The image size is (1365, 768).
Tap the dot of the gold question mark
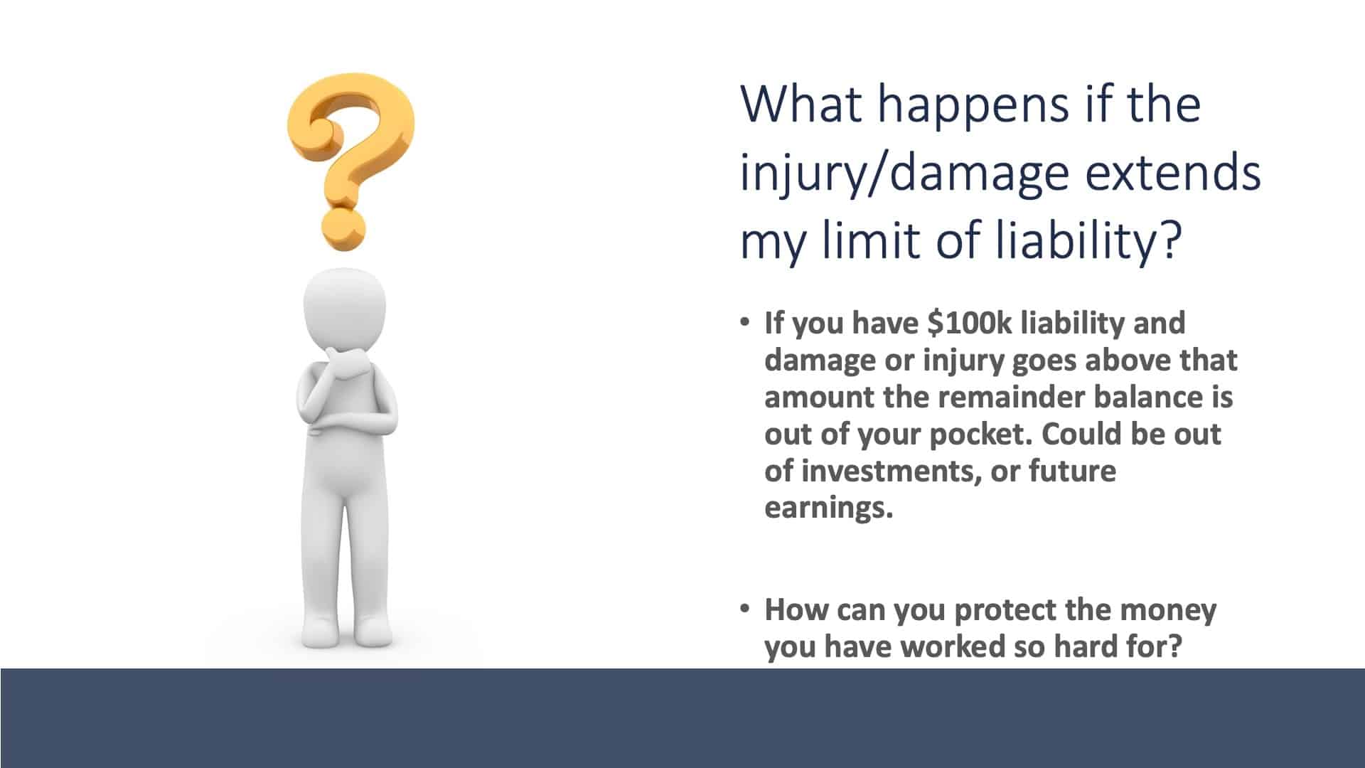tap(344, 230)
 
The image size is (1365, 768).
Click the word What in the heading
tap(801, 103)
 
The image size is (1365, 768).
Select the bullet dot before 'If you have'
tap(744, 322)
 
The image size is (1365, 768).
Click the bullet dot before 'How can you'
tap(744, 609)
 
